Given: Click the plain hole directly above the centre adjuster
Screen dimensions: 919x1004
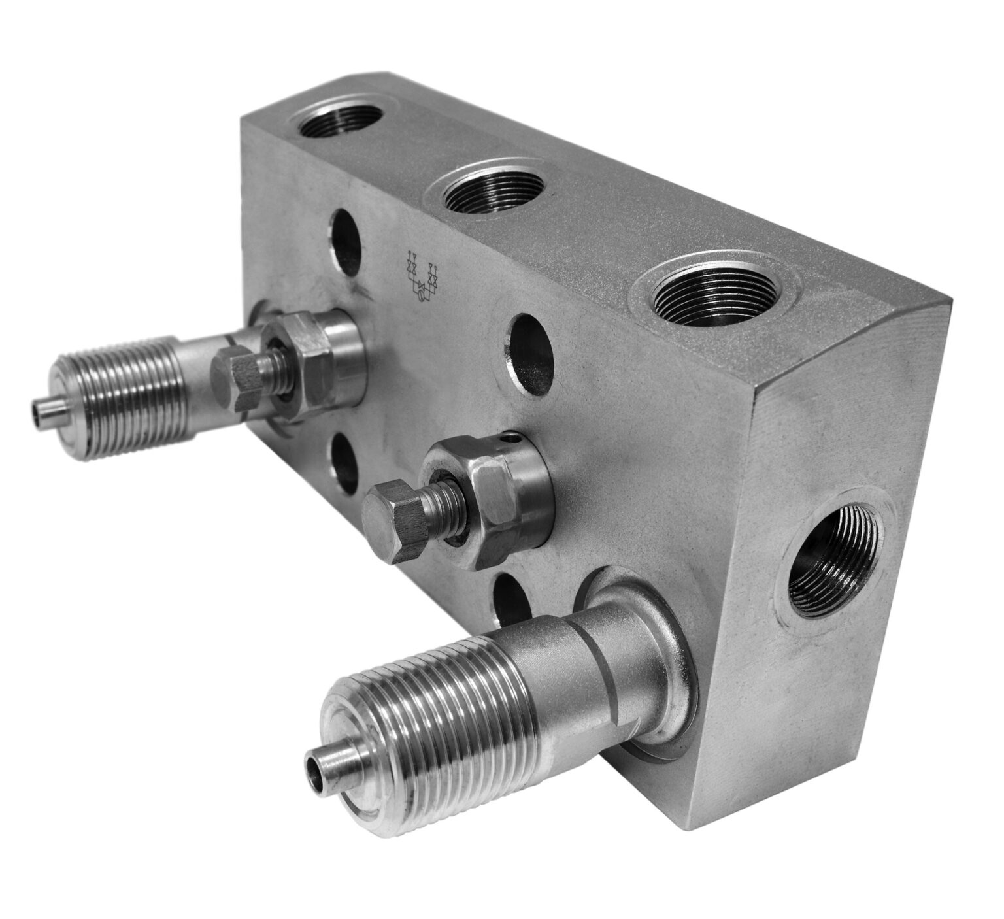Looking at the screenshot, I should tap(529, 358).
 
